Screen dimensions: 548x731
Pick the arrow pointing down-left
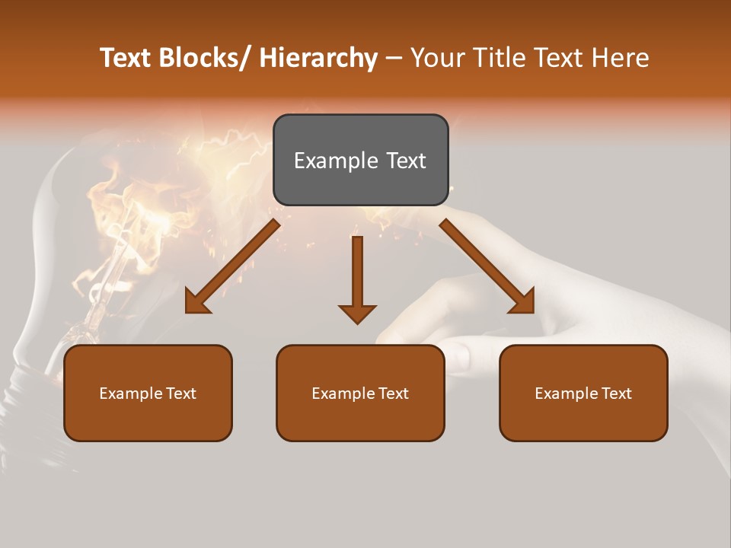(232, 267)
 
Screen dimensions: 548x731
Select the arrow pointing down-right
(487, 266)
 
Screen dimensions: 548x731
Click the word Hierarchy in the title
(318, 58)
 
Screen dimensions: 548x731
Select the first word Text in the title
(126, 58)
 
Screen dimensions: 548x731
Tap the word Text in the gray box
(405, 161)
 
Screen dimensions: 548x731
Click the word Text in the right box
(614, 393)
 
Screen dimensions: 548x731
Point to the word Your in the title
(437, 58)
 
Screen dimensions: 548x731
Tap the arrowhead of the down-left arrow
(196, 302)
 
